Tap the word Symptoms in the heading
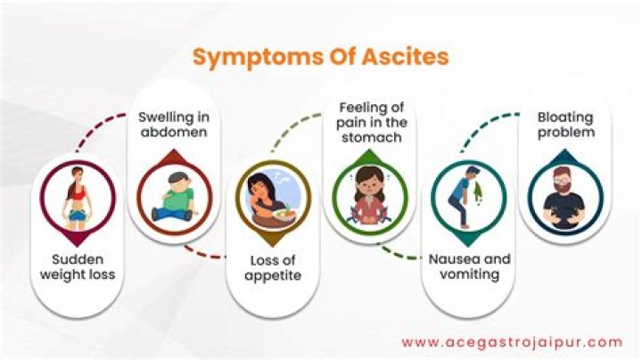(250, 57)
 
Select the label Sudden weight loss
(78, 266)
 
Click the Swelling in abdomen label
(172, 125)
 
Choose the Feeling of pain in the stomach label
(370, 123)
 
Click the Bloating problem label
(565, 125)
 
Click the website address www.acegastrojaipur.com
(511, 341)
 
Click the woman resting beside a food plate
(266, 194)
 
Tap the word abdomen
(172, 133)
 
